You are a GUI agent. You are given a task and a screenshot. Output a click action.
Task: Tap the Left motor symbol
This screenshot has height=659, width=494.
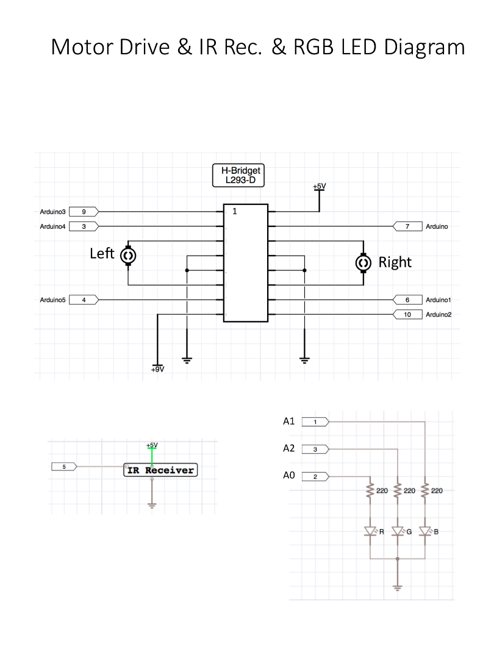click(129, 256)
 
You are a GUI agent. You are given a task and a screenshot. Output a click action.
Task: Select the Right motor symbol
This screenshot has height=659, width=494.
click(363, 262)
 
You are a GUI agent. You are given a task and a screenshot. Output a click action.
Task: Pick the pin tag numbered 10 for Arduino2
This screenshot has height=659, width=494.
click(408, 315)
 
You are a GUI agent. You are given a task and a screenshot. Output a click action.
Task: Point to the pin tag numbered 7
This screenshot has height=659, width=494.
click(408, 226)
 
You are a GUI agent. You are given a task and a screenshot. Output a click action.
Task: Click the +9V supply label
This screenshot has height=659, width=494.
click(157, 369)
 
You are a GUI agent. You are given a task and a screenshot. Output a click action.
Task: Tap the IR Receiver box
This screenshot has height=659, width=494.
click(161, 470)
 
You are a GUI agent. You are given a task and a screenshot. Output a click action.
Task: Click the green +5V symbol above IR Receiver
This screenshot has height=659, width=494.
click(152, 447)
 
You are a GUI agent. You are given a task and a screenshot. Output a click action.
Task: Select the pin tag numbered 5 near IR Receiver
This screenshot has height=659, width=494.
click(64, 467)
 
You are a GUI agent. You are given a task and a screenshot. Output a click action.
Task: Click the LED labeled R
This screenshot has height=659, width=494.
click(370, 531)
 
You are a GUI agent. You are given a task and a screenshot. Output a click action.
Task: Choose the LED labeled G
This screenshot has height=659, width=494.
click(398, 531)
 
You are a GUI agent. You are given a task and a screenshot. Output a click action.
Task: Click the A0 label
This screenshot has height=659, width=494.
click(289, 476)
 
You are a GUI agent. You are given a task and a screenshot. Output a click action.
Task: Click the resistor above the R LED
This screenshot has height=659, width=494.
click(370, 491)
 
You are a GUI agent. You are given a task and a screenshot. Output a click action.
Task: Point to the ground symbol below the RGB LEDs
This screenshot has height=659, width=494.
click(398, 588)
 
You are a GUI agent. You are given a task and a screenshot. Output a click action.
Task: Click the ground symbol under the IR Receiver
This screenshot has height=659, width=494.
click(152, 505)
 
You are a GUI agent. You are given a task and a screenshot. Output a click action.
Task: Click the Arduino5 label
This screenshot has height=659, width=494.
click(52, 300)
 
